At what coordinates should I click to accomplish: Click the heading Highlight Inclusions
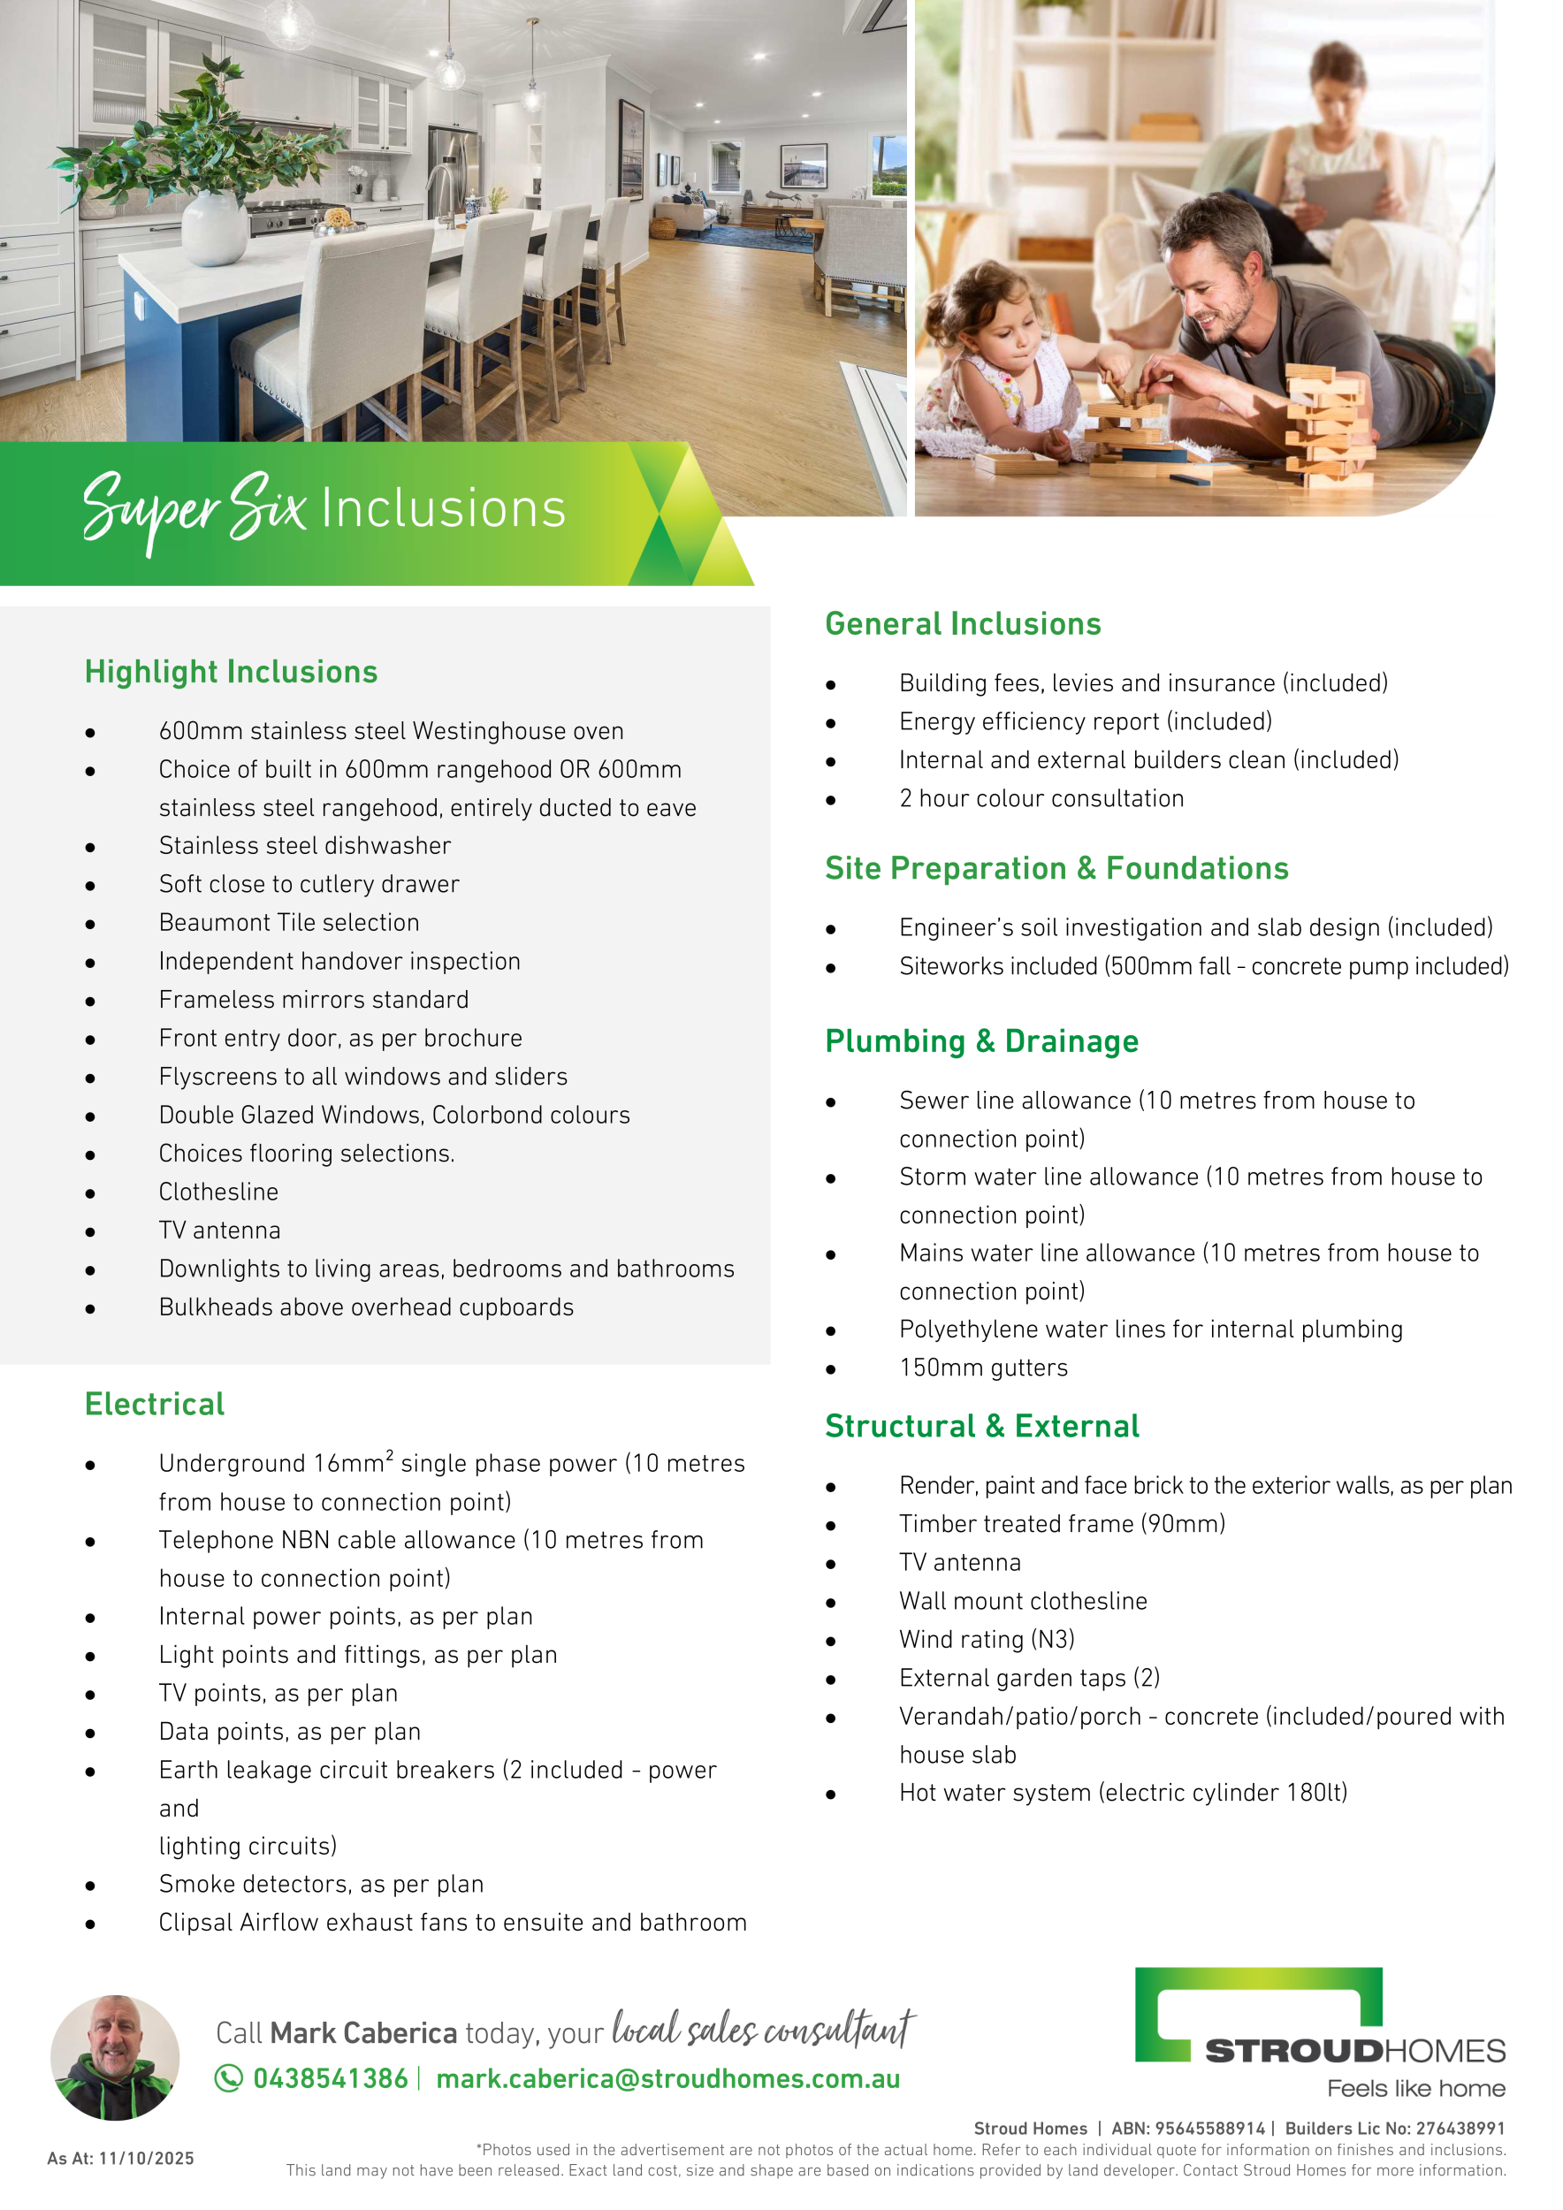(x=231, y=672)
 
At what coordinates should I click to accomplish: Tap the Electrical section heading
(x=154, y=1405)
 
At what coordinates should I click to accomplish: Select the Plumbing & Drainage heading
(x=981, y=1041)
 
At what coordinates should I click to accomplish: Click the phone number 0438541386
(x=330, y=2079)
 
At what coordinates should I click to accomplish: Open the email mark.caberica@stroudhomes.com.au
(x=668, y=2079)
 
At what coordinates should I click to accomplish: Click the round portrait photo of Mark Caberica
(x=116, y=2057)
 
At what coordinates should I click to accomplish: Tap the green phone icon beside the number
(x=228, y=2079)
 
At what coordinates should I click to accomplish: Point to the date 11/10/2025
(x=146, y=2159)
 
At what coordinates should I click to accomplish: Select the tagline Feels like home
(x=1415, y=2089)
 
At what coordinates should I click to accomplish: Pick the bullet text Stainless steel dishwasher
(x=305, y=846)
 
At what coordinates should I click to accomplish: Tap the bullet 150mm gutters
(x=984, y=1368)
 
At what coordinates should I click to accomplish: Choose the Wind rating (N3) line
(x=987, y=1639)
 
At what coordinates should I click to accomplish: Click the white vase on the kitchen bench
(x=215, y=228)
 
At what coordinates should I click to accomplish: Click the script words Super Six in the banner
(x=193, y=508)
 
